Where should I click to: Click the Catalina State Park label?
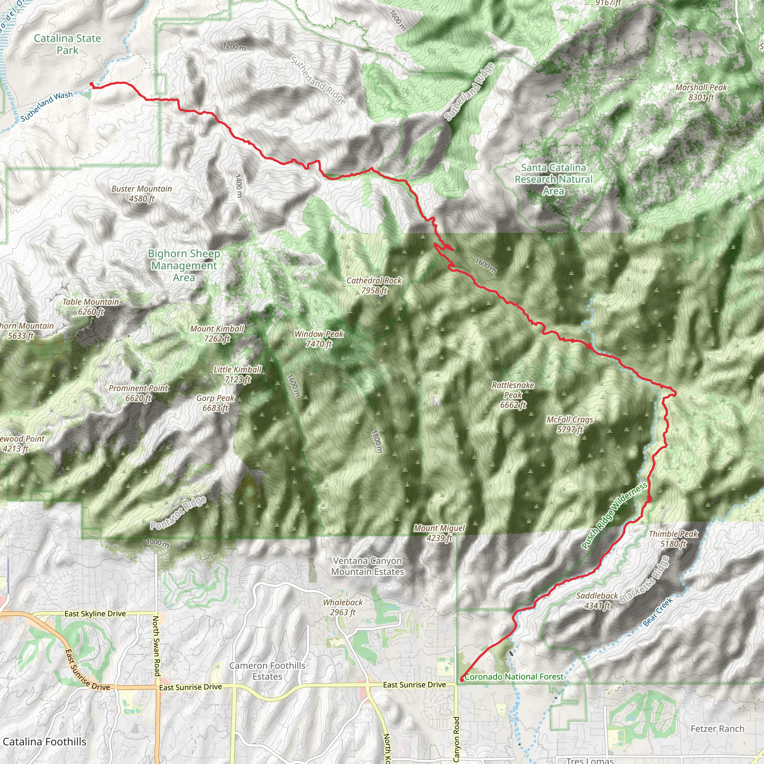[68, 44]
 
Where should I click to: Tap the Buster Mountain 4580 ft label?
[141, 194]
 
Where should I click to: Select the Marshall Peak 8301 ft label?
[701, 92]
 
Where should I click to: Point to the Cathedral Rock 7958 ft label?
[374, 285]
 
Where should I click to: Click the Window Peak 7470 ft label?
[319, 339]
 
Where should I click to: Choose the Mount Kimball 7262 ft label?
[217, 334]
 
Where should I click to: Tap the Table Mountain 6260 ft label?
[91, 307]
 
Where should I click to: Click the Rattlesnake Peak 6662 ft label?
[513, 395]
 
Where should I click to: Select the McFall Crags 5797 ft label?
[570, 424]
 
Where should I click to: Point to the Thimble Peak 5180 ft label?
[673, 539]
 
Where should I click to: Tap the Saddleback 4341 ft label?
[597, 601]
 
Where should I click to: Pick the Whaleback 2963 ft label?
[343, 607]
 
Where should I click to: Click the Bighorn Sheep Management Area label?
[184, 265]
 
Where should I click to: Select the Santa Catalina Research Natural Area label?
[553, 179]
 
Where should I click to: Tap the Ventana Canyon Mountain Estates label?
[368, 566]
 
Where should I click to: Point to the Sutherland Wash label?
[47, 106]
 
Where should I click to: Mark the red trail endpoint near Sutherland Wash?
[91, 84]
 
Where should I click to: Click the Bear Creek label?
[658, 612]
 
